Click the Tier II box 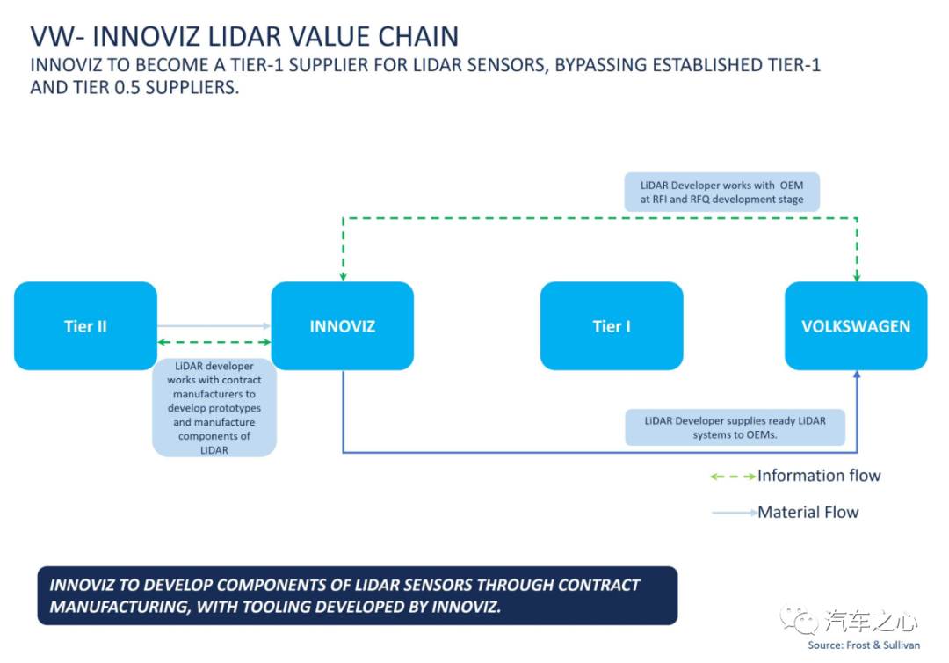pyautogui.click(x=85, y=325)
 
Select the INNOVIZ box pyautogui.click(x=343, y=325)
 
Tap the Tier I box pyautogui.click(x=612, y=325)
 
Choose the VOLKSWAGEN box pyautogui.click(x=856, y=325)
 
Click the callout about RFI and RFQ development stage pyautogui.click(x=722, y=192)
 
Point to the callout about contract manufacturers pyautogui.click(x=214, y=407)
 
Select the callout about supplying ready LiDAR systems pyautogui.click(x=735, y=427)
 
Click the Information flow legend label pyautogui.click(x=819, y=476)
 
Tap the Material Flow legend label pyautogui.click(x=808, y=513)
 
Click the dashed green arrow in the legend pyautogui.click(x=733, y=477)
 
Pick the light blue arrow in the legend pyautogui.click(x=735, y=513)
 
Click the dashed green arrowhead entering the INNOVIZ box pyautogui.click(x=344, y=277)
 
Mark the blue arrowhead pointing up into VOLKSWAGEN pyautogui.click(x=857, y=375)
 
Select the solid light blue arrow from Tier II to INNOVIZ pyautogui.click(x=214, y=325)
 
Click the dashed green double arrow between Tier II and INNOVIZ pyautogui.click(x=214, y=342)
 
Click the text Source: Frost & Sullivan pyautogui.click(x=864, y=645)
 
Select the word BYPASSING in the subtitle pyautogui.click(x=601, y=65)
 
